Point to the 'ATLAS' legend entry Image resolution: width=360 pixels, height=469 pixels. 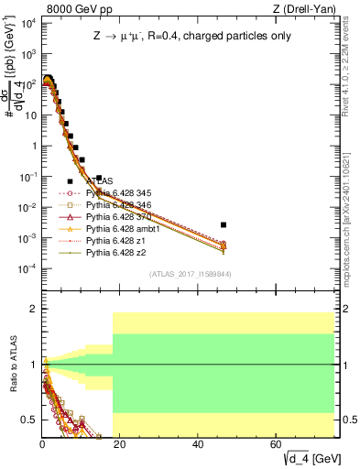point(100,181)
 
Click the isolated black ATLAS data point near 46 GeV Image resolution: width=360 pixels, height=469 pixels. point(224,224)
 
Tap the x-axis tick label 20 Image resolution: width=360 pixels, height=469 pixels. point(120,443)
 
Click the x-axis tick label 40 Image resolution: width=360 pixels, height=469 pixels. point(198,443)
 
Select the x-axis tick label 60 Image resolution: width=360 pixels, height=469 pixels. point(276,443)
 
